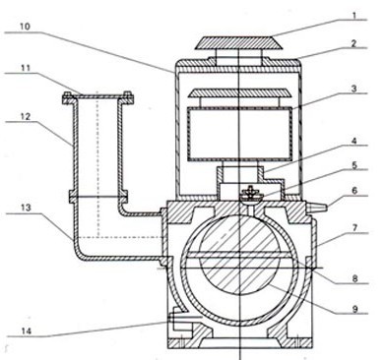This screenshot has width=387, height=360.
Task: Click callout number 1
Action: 355,16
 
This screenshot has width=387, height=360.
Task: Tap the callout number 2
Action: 354,43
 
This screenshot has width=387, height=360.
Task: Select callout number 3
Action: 354,89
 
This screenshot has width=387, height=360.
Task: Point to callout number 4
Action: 354,142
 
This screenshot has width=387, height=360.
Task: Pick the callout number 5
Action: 355,165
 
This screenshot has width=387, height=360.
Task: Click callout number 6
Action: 355,191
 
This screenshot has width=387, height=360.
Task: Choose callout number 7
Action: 355,227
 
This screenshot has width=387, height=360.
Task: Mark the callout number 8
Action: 355,278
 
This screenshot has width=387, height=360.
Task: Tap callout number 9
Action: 355,309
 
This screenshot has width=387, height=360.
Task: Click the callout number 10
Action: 25,27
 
